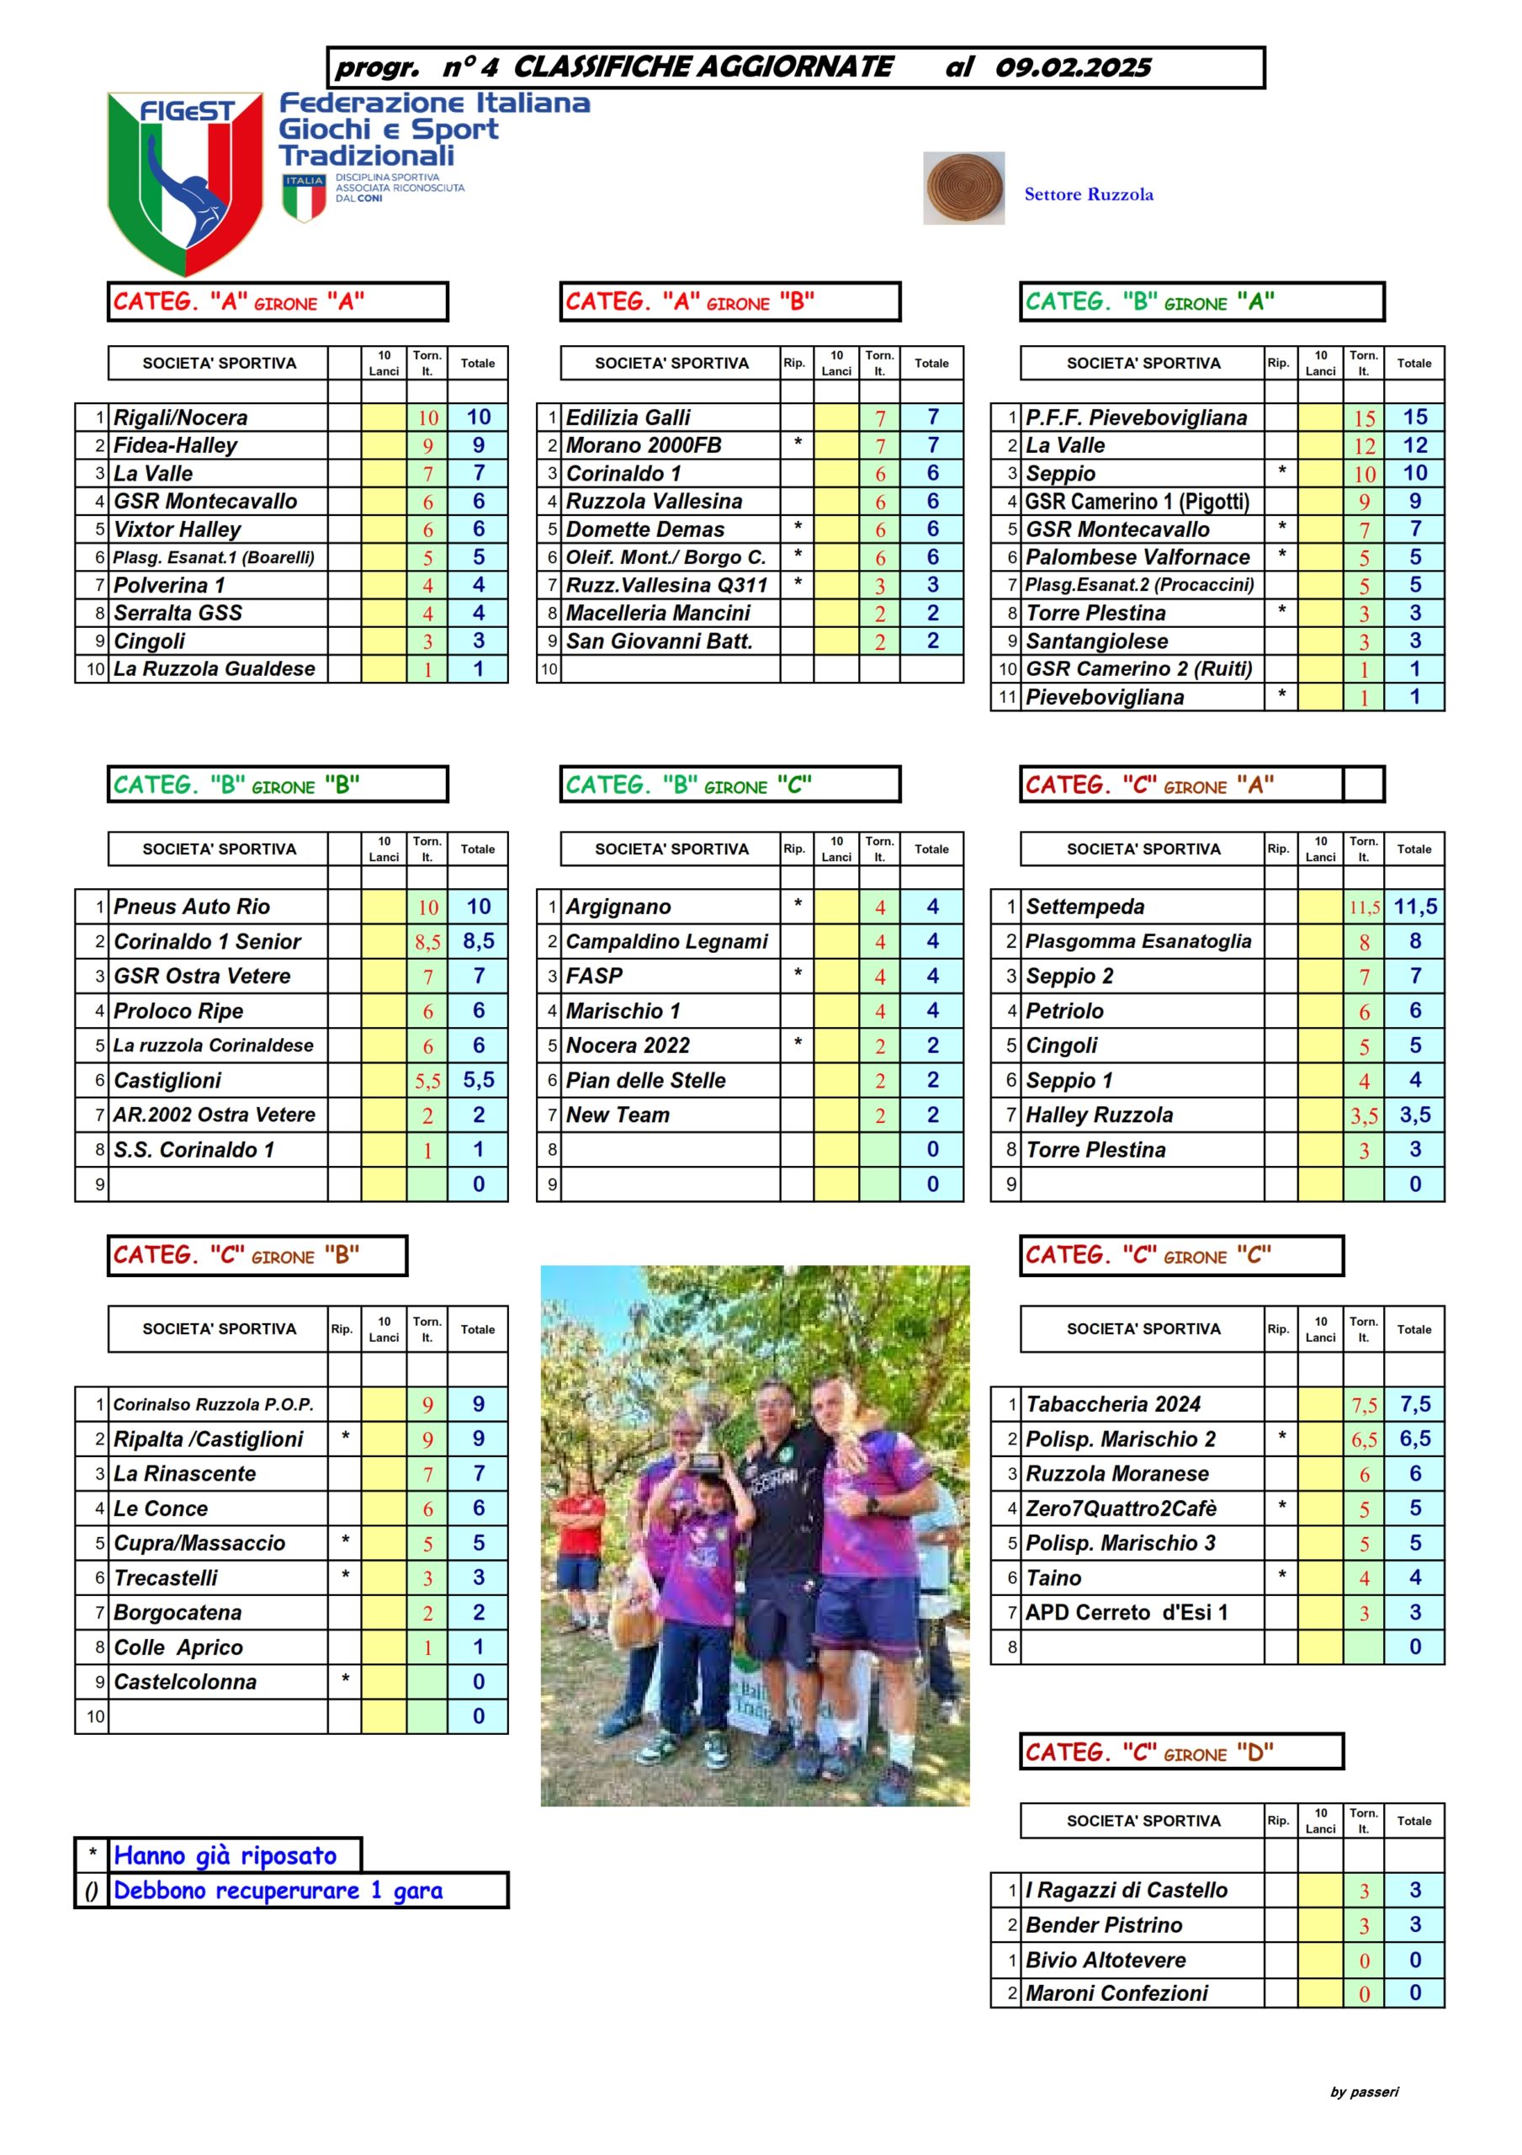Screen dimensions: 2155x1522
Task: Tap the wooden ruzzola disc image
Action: coord(963,188)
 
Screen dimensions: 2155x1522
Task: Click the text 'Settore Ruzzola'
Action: coord(1089,194)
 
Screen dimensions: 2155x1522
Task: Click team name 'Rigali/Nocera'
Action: coord(181,418)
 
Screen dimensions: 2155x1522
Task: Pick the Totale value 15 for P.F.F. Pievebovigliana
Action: coord(1414,418)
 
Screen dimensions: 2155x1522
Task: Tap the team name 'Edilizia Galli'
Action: coord(628,418)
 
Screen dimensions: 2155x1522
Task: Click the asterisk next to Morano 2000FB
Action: coord(797,443)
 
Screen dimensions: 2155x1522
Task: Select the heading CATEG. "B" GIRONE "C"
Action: coord(689,785)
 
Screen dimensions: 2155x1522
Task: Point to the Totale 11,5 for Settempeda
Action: coord(1414,907)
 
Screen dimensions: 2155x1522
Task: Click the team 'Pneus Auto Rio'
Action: coord(192,907)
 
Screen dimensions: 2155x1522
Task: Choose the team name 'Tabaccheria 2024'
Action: coord(1113,1404)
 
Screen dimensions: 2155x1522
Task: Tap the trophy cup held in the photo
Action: coord(706,1427)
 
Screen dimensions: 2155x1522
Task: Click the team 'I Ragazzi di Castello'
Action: coord(1126,1891)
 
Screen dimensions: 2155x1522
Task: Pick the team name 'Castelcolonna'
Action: coord(185,1682)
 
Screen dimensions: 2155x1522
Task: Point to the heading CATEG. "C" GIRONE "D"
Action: coord(1148,1753)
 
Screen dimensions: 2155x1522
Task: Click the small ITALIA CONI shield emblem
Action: coord(304,196)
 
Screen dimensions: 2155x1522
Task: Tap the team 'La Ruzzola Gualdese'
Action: coord(214,669)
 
